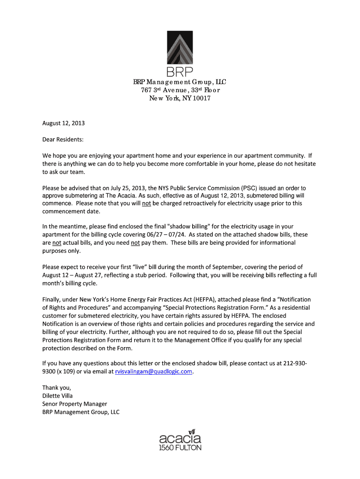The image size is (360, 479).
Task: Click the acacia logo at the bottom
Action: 180,438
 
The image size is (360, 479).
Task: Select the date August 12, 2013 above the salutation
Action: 64,124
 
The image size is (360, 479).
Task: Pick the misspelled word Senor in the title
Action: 51,404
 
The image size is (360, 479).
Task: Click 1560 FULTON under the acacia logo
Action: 180,448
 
